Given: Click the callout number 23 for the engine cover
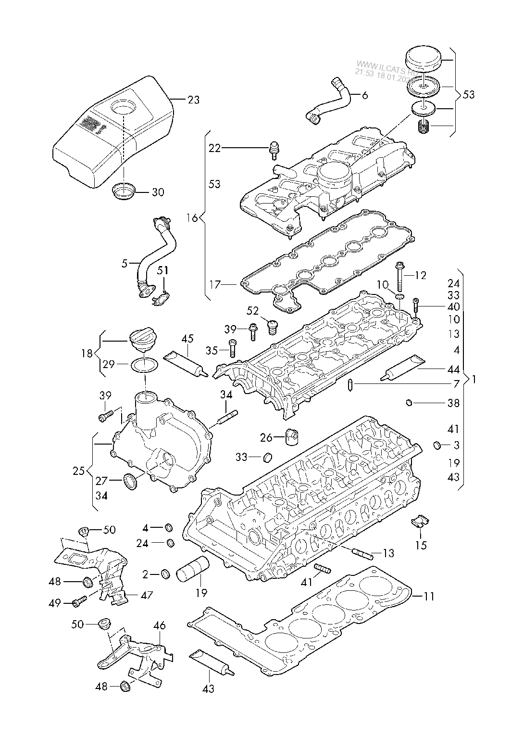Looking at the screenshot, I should tap(193, 100).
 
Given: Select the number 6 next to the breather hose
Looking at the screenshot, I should tap(364, 95).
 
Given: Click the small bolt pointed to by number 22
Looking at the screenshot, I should tap(275, 150).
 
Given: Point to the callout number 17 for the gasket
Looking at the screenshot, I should tap(215, 284).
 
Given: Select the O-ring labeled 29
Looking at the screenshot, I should tap(144, 365).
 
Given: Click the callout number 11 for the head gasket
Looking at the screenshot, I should tap(429, 596).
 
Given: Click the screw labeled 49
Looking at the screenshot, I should tap(79, 601).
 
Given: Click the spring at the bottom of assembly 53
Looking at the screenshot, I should tap(424, 127).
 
